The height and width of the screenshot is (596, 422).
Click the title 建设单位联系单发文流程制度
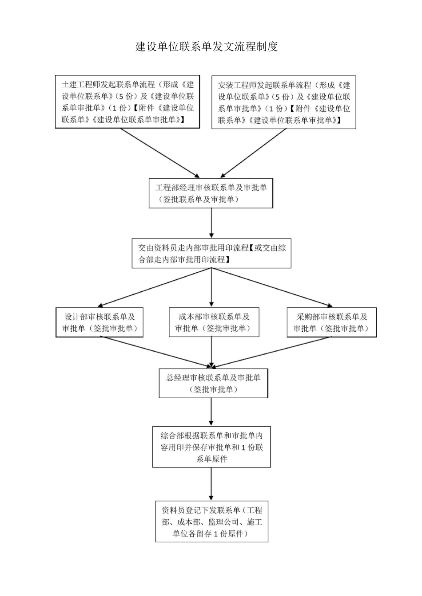207,47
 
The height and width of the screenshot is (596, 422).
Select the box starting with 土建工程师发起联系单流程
127,102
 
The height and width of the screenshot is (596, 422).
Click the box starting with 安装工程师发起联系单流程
284,102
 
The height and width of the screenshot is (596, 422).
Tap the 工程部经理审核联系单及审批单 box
211,193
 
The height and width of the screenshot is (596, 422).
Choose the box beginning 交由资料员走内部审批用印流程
211,254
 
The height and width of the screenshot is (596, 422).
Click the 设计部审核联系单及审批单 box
100,322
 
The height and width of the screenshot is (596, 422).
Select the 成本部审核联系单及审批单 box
214,322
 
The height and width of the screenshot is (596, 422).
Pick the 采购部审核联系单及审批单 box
331,322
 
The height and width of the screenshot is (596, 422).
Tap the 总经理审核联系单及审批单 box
214,384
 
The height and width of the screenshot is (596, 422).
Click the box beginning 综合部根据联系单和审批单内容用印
211,447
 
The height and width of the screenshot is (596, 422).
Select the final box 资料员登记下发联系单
212,522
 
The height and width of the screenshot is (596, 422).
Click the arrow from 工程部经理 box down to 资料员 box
211,223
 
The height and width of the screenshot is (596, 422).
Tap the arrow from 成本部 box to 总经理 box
211,351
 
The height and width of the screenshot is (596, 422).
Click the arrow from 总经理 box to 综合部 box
211,411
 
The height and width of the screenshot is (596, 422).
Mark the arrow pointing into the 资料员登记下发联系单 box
211,484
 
